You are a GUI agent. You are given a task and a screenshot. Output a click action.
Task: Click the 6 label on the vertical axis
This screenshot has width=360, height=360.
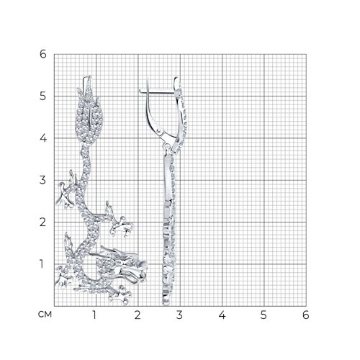pos(43,54)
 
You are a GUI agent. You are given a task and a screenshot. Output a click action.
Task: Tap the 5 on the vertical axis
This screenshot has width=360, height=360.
pos(43,96)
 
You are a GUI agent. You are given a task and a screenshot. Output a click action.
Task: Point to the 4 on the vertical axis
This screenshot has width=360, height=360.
pos(43,138)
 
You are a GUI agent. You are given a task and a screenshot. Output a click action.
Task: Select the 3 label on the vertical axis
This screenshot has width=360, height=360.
pos(43,180)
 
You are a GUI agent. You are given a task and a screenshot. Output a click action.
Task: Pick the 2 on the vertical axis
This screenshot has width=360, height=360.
pos(43,222)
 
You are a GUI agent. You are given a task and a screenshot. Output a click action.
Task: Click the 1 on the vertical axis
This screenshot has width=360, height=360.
pos(42,264)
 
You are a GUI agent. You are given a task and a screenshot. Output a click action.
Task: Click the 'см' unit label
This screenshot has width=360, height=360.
pos(45,315)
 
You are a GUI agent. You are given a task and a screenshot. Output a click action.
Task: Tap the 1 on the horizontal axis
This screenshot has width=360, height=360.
pos(94,315)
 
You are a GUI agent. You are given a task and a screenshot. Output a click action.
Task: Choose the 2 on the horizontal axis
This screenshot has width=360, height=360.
pos(138,315)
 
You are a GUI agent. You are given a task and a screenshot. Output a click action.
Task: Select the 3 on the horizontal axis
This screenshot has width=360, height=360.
pos(179,315)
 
